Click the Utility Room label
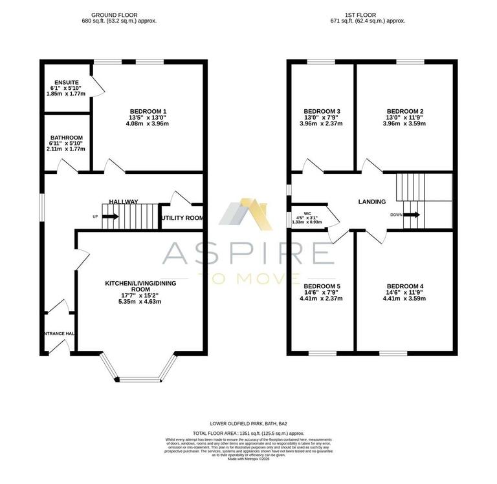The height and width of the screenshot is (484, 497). tap(182, 218)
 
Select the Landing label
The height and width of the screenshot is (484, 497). tap(372, 202)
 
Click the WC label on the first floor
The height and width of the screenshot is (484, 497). tap(308, 213)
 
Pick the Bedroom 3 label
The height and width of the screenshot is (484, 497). tap(322, 111)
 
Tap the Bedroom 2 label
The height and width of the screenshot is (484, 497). tap(404, 111)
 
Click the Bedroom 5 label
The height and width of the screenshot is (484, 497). tap(322, 286)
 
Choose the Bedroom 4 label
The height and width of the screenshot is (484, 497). tap(404, 286)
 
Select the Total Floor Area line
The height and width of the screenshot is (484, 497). tap(248, 434)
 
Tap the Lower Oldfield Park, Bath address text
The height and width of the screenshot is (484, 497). tap(248, 423)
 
